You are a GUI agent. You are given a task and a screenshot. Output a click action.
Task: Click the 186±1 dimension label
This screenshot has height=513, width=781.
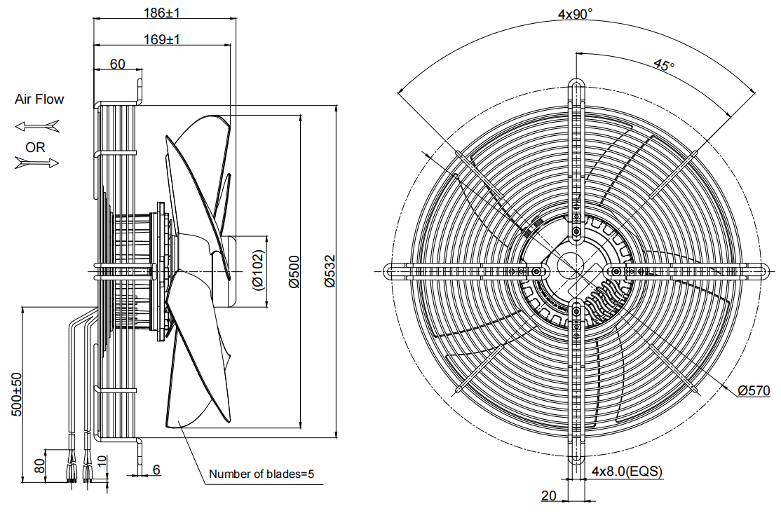[162, 13]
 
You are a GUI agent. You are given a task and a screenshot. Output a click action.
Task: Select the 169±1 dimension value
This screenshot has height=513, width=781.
[162, 39]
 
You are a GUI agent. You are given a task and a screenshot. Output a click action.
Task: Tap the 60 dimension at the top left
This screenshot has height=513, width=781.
[118, 64]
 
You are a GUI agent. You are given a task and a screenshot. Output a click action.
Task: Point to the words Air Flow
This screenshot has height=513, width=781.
[39, 99]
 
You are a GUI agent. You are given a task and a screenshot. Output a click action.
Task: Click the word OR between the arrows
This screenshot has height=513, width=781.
[35, 147]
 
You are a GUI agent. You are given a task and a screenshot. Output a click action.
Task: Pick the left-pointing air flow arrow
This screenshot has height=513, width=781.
[37, 126]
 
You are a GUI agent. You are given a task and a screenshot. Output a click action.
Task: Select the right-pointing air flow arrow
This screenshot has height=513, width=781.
[37, 163]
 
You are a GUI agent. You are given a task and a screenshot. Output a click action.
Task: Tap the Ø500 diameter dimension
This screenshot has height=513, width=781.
[294, 271]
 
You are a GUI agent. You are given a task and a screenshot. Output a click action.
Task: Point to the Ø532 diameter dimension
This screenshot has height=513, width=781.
[330, 271]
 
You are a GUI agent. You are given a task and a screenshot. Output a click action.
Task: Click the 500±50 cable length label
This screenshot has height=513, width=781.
[17, 395]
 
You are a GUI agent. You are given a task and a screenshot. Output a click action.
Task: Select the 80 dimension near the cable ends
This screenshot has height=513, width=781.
[40, 465]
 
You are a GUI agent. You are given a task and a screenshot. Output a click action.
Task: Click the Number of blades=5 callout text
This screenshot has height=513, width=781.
[262, 474]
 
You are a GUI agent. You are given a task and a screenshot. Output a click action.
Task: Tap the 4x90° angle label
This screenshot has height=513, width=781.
[576, 14]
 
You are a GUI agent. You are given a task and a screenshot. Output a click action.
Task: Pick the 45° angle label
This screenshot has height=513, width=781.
[664, 64]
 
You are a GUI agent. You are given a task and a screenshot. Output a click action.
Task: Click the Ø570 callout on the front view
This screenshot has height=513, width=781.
[754, 390]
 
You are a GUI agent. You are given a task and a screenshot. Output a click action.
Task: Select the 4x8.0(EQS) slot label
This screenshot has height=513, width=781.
[627, 471]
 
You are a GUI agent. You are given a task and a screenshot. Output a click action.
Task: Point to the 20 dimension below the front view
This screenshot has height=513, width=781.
[548, 495]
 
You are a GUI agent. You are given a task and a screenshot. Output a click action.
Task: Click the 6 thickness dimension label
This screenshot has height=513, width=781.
[156, 470]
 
